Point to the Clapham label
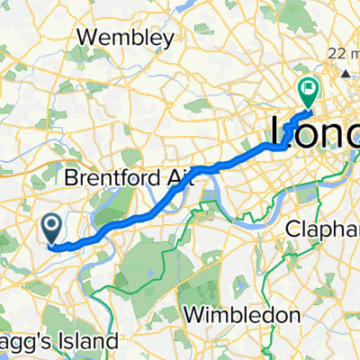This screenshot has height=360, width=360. pos(323,229)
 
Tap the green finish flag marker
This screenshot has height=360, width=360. pos(309,90)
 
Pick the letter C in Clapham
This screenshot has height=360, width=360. pos(292,229)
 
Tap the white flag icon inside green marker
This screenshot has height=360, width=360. pos(309,88)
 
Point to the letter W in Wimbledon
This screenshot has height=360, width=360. pos(192,315)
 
